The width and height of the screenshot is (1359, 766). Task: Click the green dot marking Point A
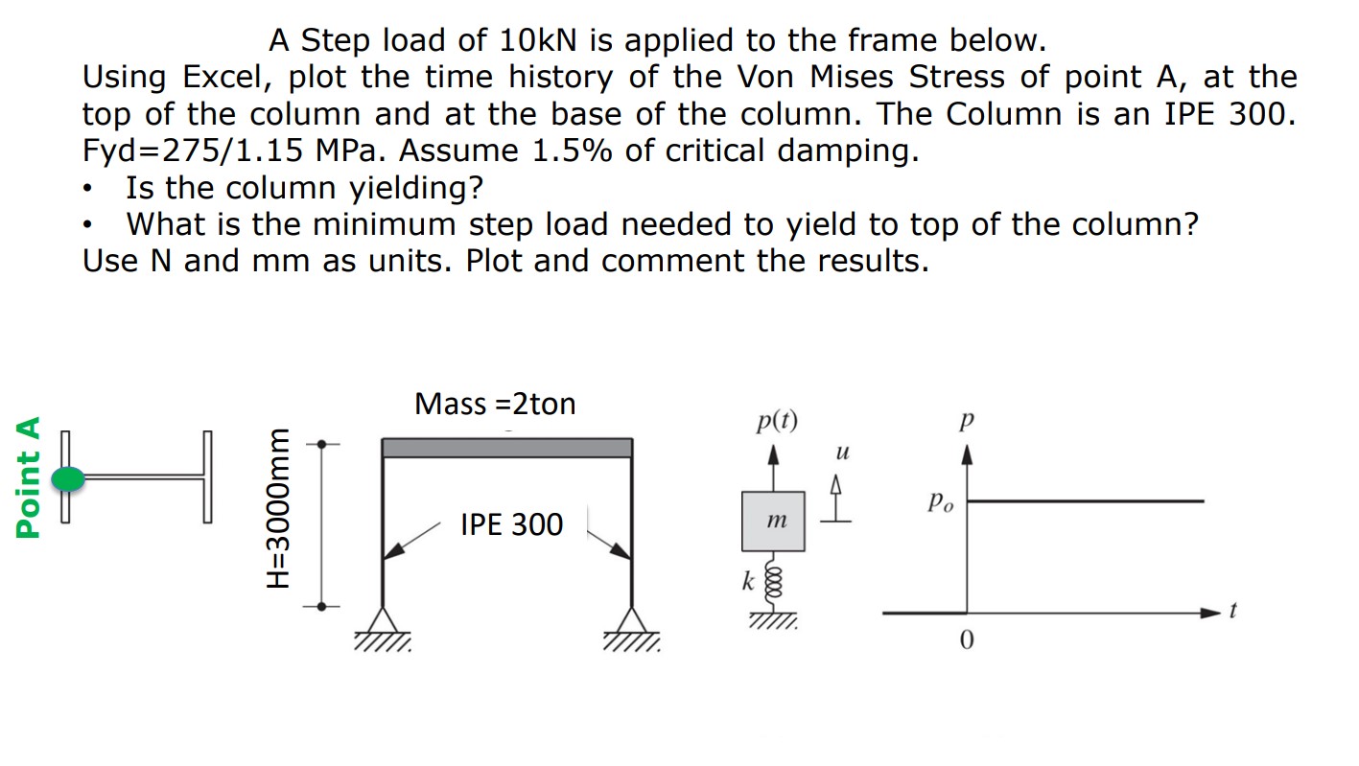coord(67,478)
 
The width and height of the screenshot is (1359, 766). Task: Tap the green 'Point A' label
coord(30,476)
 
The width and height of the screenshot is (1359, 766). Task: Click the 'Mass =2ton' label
coord(495,404)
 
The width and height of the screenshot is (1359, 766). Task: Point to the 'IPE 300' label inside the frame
coord(511,524)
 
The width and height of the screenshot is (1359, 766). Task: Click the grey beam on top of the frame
coord(506,448)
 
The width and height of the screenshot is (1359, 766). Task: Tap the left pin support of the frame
coord(384,622)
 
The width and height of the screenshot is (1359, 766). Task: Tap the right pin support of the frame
coord(631,622)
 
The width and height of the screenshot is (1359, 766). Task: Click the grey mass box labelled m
coord(772,521)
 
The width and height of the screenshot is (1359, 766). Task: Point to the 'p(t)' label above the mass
coord(776,421)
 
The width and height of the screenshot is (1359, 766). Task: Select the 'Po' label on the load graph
coord(940,502)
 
